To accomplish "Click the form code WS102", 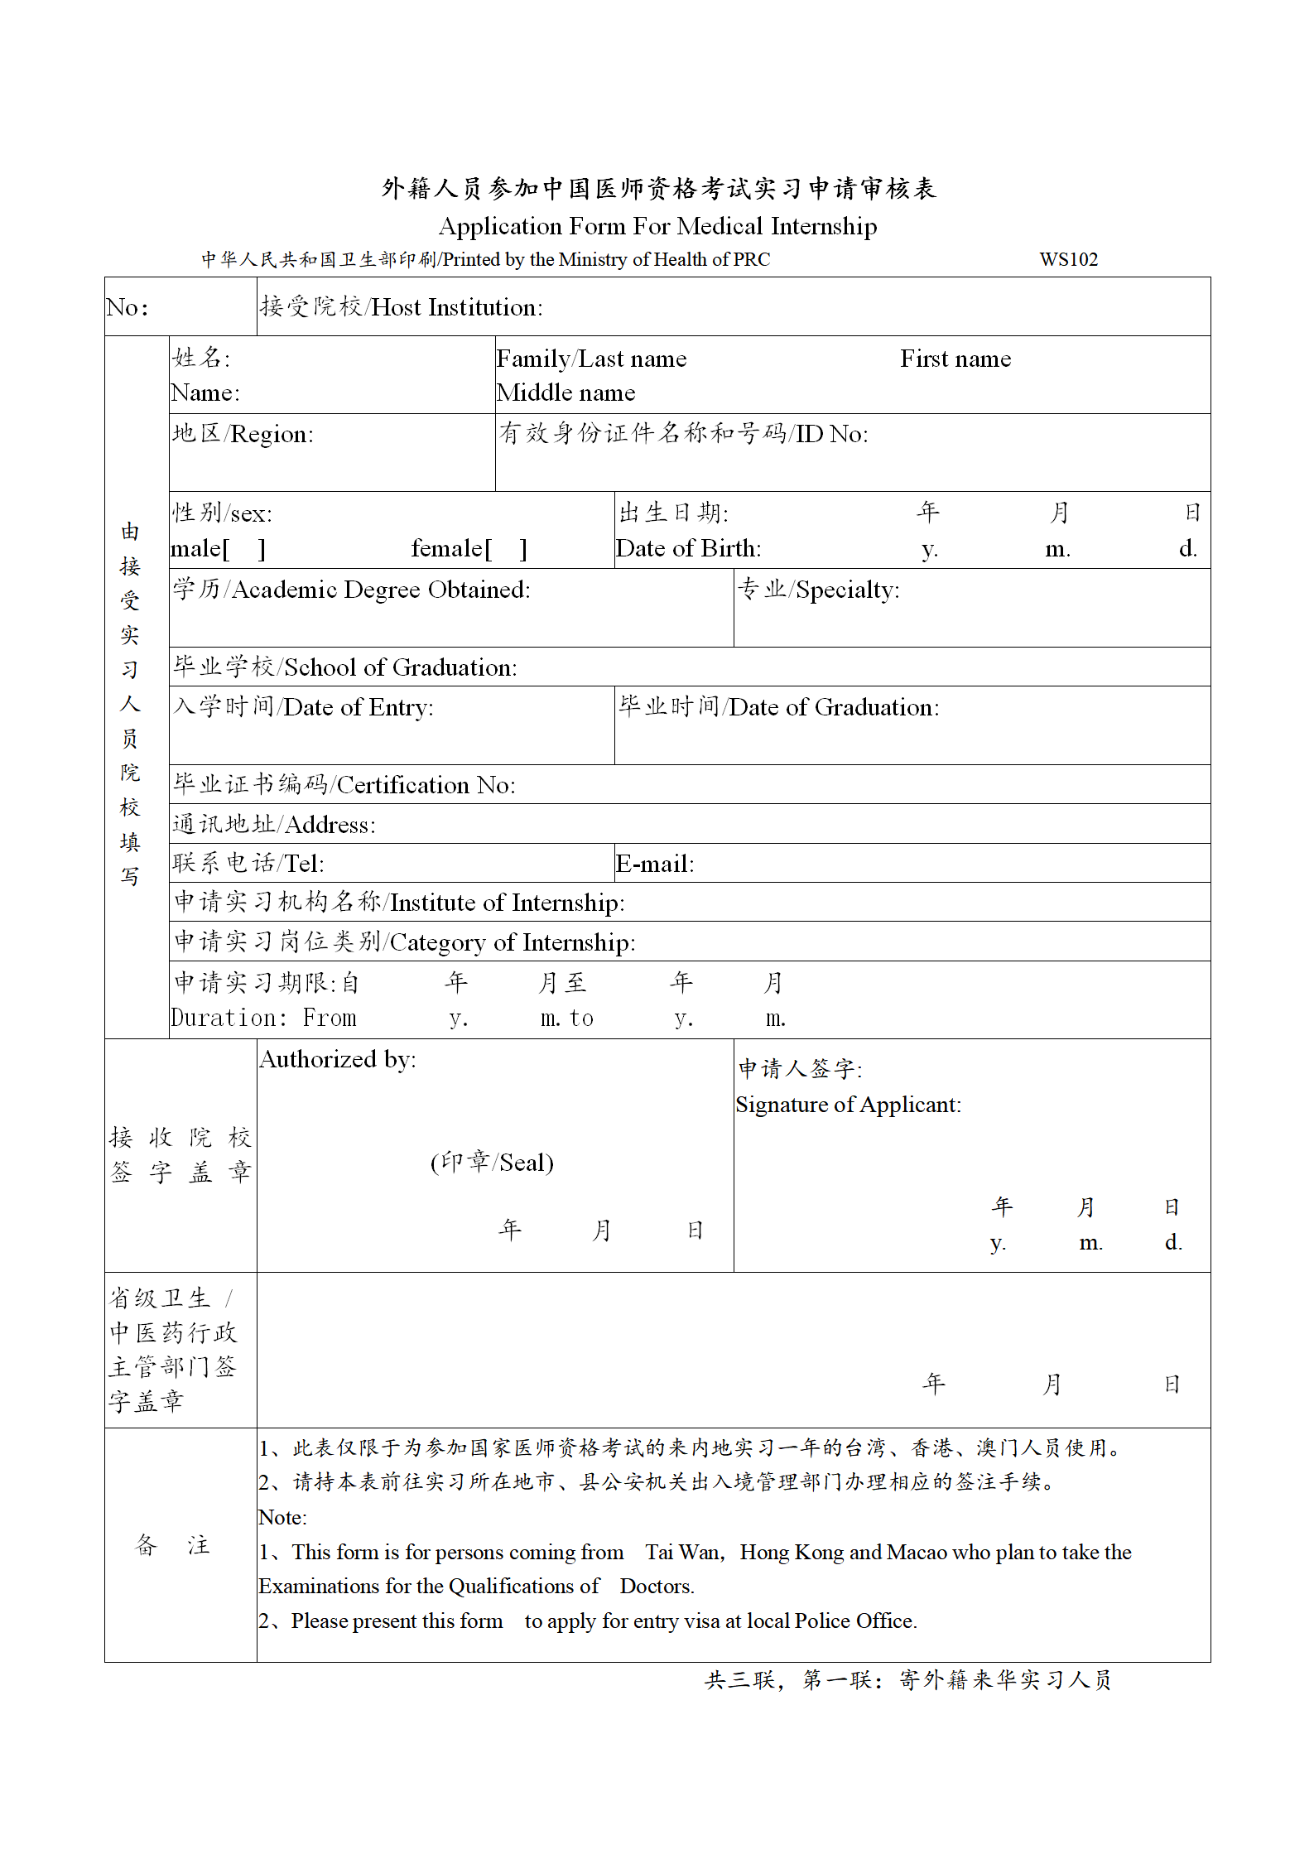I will tap(1068, 259).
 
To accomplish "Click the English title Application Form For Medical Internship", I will tap(657, 226).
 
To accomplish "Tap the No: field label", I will tap(128, 308).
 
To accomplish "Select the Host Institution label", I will tap(402, 307).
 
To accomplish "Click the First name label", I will tap(955, 359).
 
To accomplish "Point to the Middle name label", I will tap(566, 393).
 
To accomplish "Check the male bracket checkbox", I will tap(244, 549).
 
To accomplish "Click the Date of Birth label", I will tap(688, 548).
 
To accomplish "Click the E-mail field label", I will tap(655, 864).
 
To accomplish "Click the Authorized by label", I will tap(338, 1059).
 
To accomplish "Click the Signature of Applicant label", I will tap(848, 1105).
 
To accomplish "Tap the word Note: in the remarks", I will tap(282, 1517).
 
